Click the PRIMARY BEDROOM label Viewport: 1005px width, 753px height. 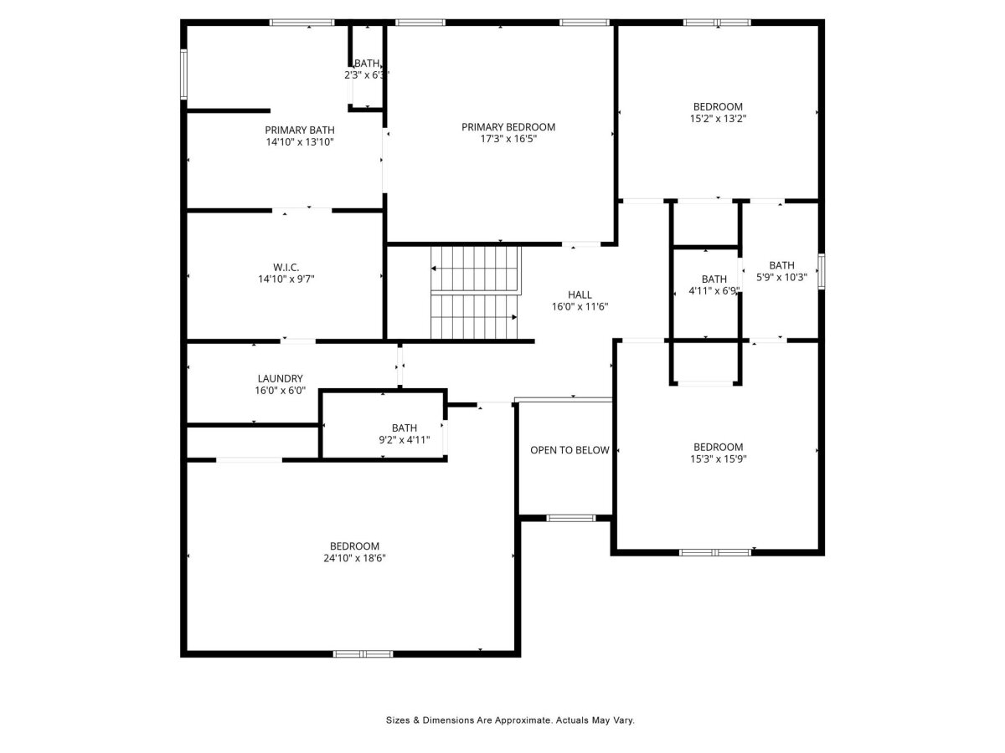pos(508,127)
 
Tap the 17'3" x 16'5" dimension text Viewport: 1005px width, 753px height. pos(508,139)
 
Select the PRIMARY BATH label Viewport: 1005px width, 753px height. pos(300,131)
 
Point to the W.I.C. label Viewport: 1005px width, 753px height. pos(286,268)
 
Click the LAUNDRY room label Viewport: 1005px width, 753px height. pos(281,378)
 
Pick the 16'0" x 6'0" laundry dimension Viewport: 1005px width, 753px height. pos(281,391)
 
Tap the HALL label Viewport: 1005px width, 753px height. pos(580,295)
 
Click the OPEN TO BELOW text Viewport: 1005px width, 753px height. pos(569,450)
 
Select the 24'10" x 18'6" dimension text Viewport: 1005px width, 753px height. pos(354,558)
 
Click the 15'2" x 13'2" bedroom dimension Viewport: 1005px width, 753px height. pos(718,119)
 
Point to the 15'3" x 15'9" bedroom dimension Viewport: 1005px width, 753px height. pos(718,459)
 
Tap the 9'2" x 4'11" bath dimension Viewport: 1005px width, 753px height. pos(404,440)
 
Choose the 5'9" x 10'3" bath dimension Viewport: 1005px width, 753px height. pos(781,277)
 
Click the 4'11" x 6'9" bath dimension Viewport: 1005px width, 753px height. pos(714,291)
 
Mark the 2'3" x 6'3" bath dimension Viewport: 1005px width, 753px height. pos(367,75)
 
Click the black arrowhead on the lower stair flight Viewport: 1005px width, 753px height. pos(514,317)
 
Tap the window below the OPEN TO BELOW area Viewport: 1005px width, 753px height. pos(570,519)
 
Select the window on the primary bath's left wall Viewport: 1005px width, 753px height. pos(183,74)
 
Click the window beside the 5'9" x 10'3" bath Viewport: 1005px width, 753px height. pos(822,272)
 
